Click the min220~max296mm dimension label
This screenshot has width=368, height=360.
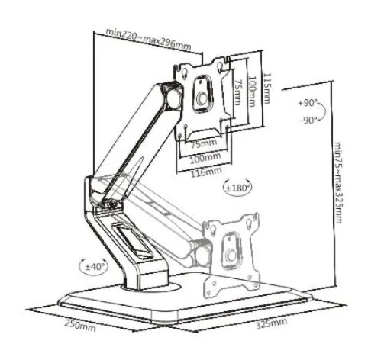tap(148, 40)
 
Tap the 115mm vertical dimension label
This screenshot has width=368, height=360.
tap(266, 88)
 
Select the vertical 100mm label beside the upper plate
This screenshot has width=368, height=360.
tap(252, 92)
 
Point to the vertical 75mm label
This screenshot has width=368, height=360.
tap(237, 92)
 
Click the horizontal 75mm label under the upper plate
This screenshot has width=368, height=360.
tap(204, 143)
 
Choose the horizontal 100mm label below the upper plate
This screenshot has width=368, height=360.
tap(205, 158)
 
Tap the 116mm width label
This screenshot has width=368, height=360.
tap(206, 172)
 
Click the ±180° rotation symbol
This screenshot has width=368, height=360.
tap(238, 188)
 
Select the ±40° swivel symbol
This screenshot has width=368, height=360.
tap(93, 267)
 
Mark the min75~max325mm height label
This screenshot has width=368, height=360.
tap(337, 182)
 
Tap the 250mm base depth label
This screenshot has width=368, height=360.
tap(80, 326)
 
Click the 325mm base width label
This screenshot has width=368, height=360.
tap(271, 323)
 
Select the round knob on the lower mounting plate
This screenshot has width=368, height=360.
tap(231, 255)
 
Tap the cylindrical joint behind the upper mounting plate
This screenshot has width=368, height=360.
tap(175, 98)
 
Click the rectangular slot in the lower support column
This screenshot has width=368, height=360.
tap(131, 239)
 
